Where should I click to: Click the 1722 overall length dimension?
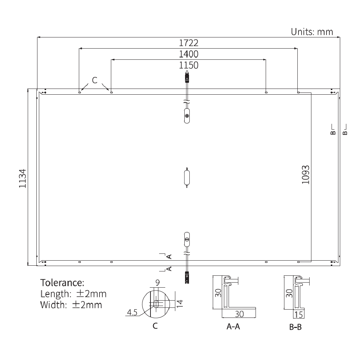point(189,43)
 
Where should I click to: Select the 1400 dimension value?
point(189,54)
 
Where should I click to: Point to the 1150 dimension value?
point(189,65)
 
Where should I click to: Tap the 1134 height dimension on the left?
point(23,178)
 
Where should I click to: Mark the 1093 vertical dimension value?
point(306,175)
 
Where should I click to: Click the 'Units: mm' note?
point(312,32)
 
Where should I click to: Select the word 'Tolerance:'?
point(62,282)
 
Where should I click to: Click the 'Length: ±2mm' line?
point(73,293)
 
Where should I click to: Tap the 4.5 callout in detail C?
point(132,312)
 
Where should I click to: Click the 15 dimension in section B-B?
point(298,315)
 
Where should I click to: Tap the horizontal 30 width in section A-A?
point(239,314)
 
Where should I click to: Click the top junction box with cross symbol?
point(187,116)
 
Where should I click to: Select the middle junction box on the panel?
point(187,177)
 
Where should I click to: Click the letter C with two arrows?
point(95,80)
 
